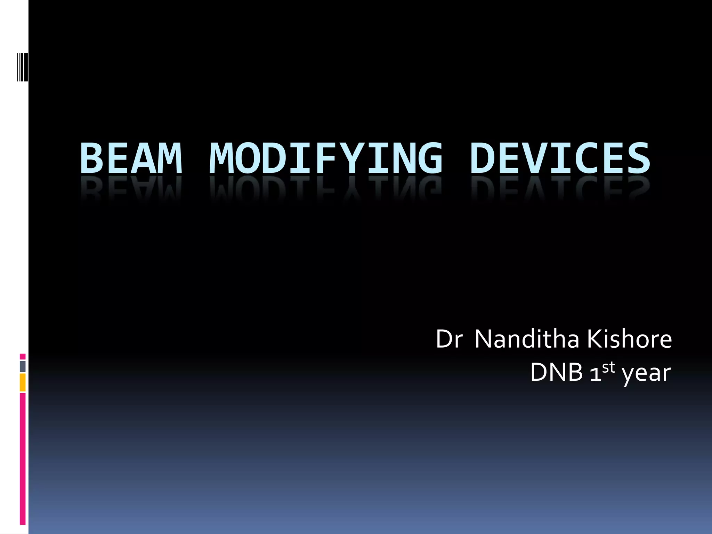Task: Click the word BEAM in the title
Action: point(131,158)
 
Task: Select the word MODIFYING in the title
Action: point(326,158)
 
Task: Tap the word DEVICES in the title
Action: point(560,158)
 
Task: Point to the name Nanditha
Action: point(527,339)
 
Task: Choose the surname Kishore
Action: point(630,339)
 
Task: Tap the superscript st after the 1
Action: point(608,367)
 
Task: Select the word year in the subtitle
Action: point(646,374)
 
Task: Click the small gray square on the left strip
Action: point(23,366)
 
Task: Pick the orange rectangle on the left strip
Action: point(23,382)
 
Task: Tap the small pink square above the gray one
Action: point(23,357)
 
